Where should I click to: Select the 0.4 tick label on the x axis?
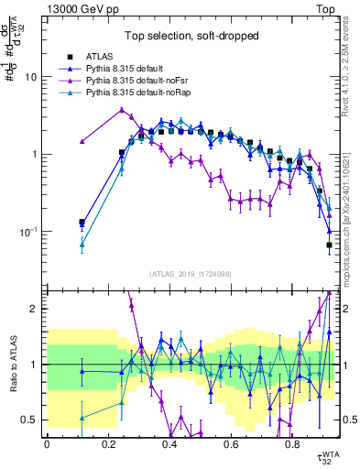pos(169,443)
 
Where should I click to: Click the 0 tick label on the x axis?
pos(47,443)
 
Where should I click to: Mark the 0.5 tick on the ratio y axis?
pos(32,420)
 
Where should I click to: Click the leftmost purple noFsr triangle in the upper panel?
pos(82,142)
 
